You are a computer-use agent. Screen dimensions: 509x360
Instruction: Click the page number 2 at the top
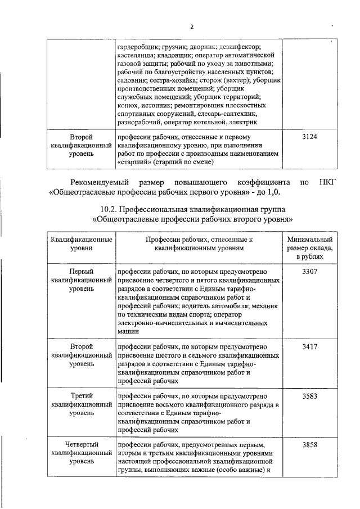(191, 26)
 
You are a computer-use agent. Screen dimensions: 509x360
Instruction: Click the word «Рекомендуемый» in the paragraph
(100, 182)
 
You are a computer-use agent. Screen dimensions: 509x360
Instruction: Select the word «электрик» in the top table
(244, 121)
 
